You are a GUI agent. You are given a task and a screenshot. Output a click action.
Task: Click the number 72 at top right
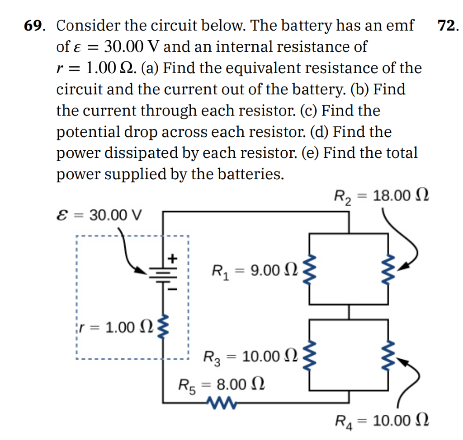(448, 26)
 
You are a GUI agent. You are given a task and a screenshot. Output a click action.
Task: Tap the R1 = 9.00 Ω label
(255, 271)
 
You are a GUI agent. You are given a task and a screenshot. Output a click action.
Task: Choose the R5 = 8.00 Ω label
(221, 384)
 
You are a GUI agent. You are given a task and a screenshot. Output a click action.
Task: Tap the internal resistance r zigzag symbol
(164, 326)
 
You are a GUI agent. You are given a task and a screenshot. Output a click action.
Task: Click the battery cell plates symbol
(163, 272)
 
